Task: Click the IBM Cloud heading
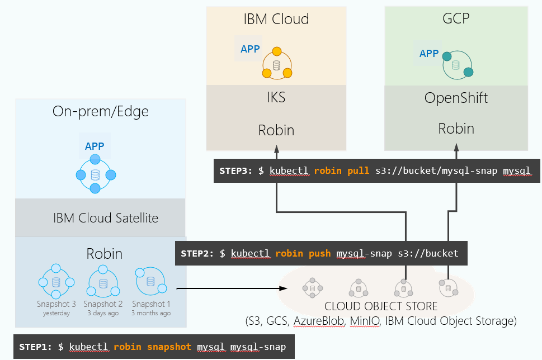(x=276, y=19)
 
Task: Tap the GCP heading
(x=456, y=18)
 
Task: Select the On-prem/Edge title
(x=101, y=112)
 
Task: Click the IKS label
(x=276, y=97)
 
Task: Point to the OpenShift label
(x=456, y=98)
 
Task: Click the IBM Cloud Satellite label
(x=106, y=218)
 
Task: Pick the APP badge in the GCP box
(x=428, y=54)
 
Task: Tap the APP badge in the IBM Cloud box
(x=250, y=49)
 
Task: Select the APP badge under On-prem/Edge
(x=95, y=146)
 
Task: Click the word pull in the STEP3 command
(x=359, y=170)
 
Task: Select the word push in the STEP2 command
(x=320, y=254)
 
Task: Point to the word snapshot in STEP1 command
(x=169, y=347)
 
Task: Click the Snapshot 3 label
(x=56, y=304)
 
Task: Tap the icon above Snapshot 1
(x=150, y=281)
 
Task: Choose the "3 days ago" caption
(x=103, y=313)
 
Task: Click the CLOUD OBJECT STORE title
(x=381, y=306)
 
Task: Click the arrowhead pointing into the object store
(x=284, y=288)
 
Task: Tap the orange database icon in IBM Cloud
(x=277, y=65)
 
